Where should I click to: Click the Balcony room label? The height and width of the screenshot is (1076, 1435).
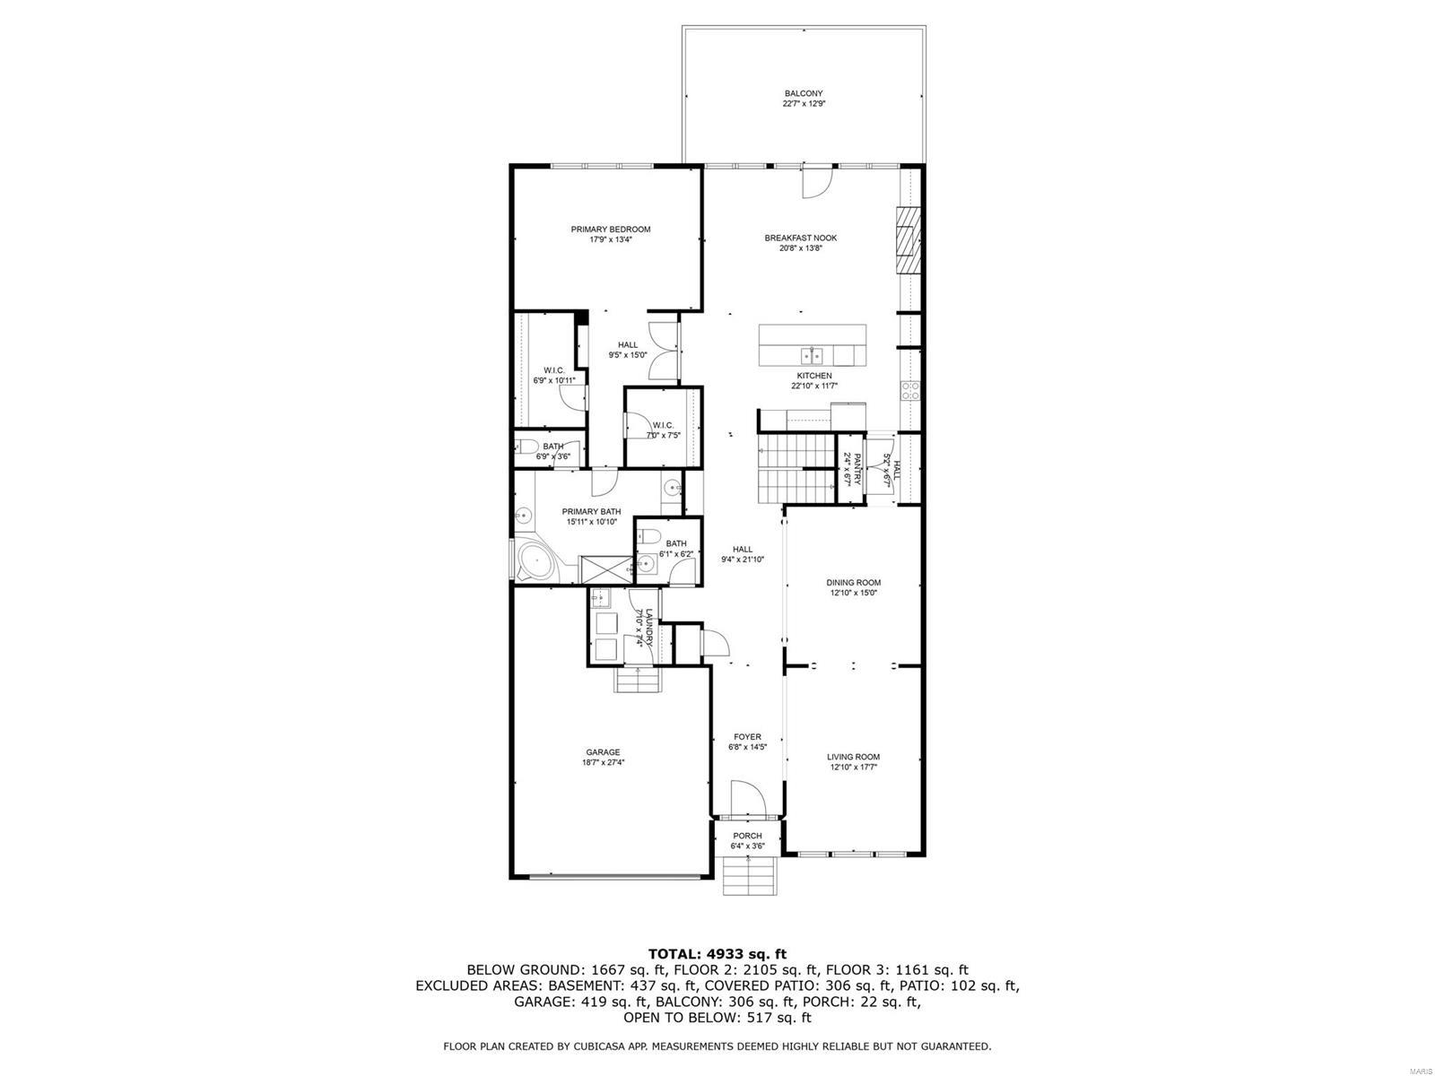[803, 93]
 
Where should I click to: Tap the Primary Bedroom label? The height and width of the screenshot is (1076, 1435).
[611, 230]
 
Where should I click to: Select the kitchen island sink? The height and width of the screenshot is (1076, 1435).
[813, 351]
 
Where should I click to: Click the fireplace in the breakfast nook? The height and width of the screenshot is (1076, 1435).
[909, 240]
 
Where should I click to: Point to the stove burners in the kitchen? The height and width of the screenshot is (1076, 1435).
[909, 391]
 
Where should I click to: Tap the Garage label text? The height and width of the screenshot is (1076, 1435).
[603, 752]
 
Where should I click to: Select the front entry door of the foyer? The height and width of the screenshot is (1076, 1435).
[746, 798]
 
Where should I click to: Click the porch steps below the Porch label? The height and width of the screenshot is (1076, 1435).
[748, 874]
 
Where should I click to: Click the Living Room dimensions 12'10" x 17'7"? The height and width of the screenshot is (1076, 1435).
[853, 768]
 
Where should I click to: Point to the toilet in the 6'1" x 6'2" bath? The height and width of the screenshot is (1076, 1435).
[651, 537]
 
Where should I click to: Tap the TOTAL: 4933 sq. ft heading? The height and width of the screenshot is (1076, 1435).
[717, 953]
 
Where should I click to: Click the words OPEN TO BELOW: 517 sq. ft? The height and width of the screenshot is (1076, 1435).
[717, 1018]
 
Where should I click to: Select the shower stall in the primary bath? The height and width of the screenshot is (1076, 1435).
[602, 568]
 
